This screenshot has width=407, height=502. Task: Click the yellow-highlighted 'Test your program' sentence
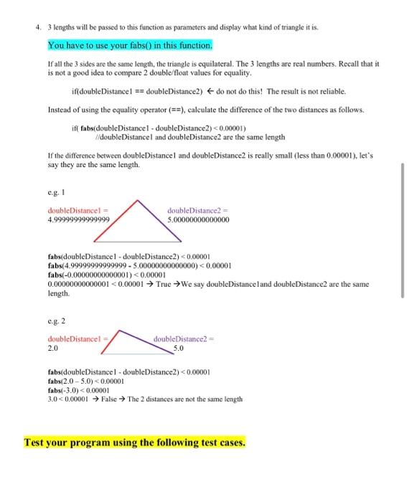[x=134, y=442]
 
